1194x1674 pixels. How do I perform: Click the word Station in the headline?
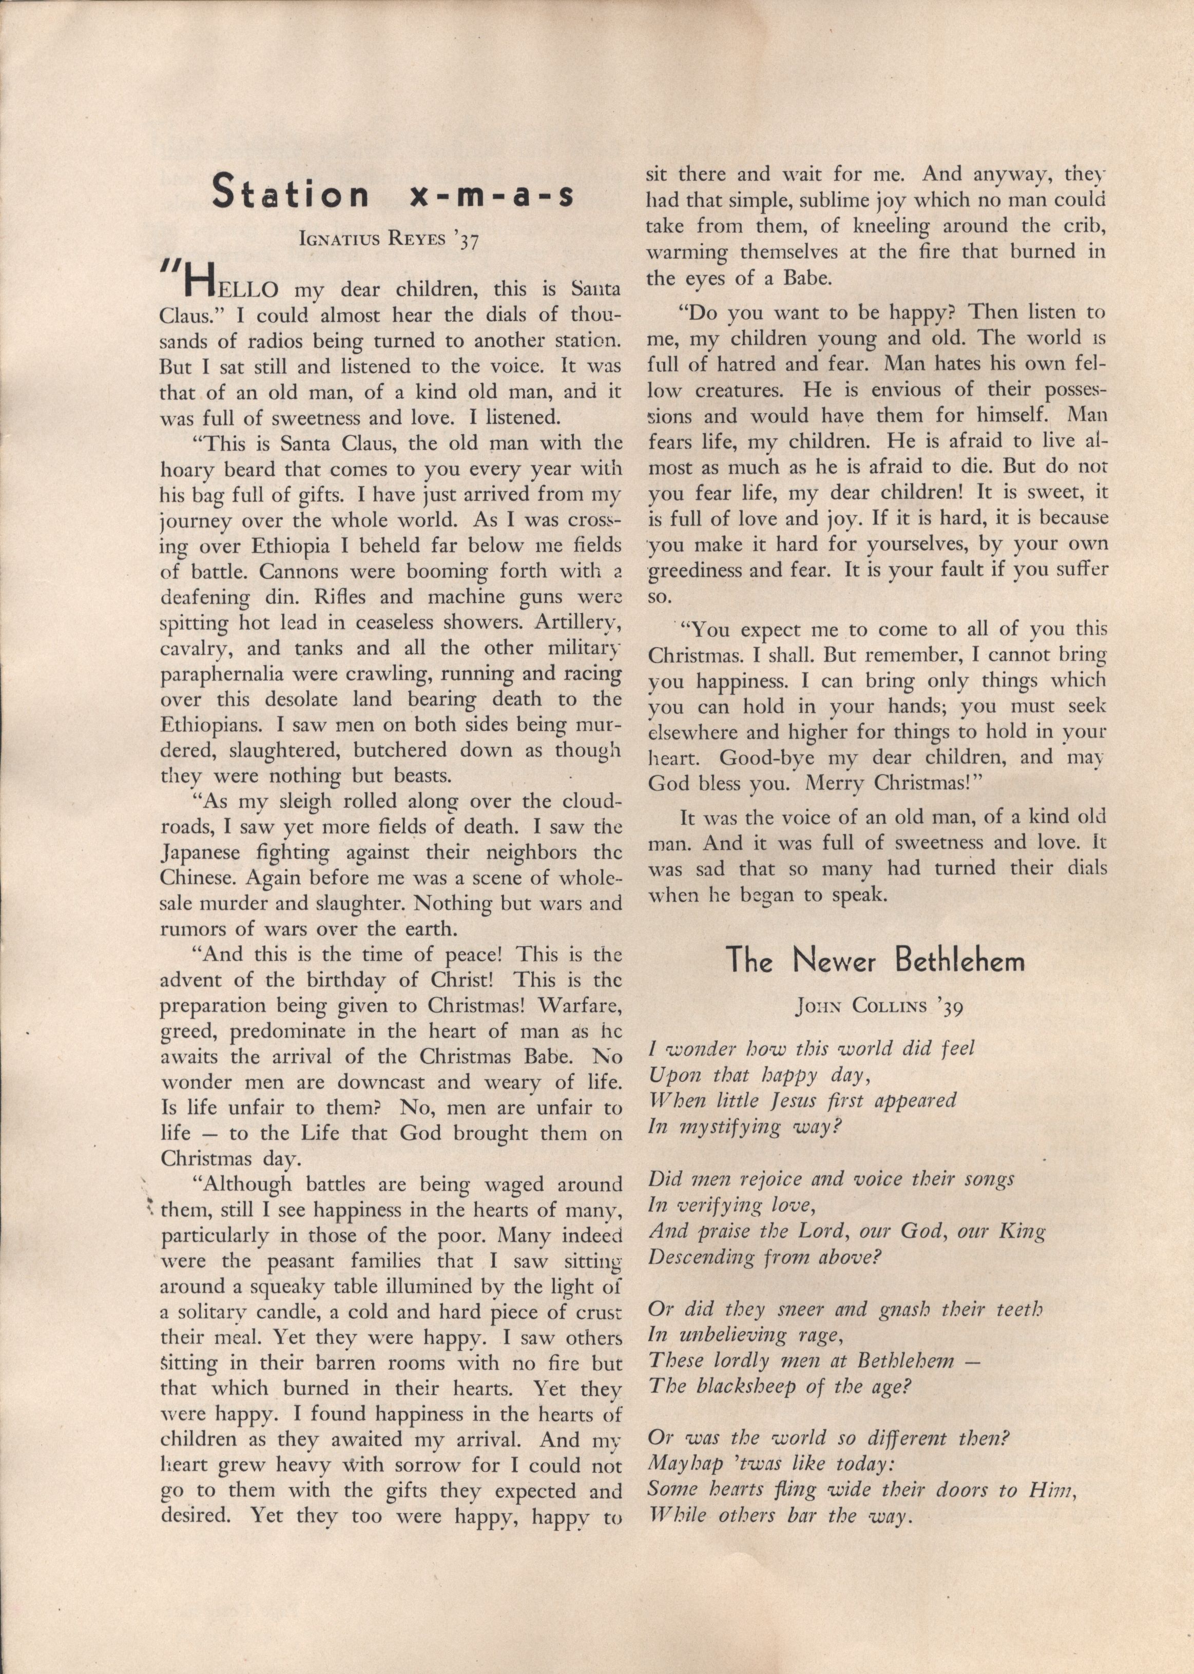point(290,194)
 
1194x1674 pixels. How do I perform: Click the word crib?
point(1085,226)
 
